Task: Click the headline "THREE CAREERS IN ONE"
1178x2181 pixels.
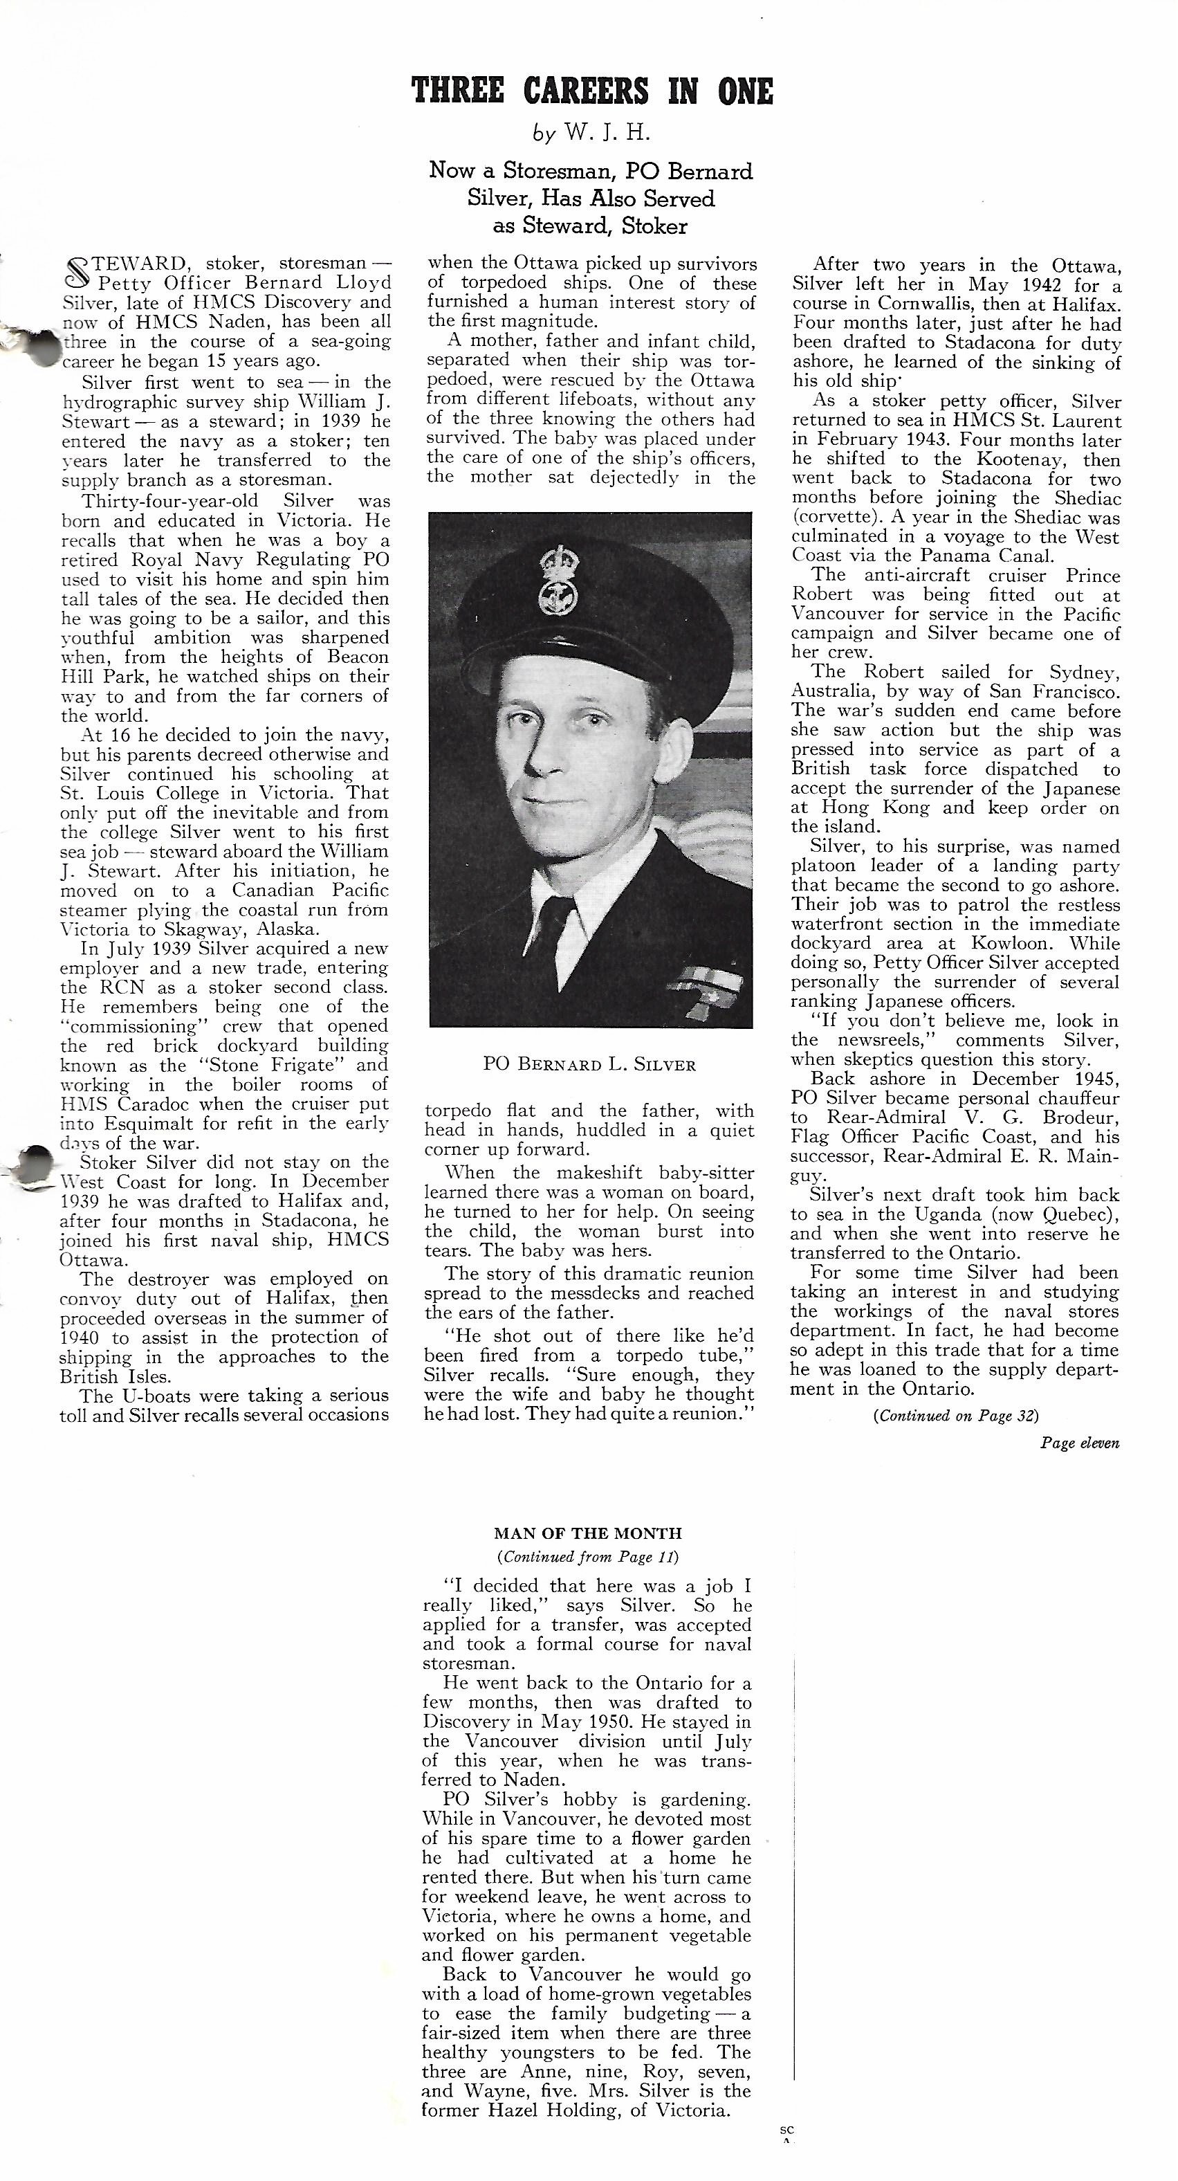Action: tap(591, 91)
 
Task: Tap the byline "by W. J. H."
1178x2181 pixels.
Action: tap(591, 133)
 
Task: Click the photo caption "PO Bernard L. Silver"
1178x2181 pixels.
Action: tap(589, 1064)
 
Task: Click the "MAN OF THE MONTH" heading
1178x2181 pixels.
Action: tap(587, 1533)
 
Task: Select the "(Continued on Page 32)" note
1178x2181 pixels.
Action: tap(955, 1415)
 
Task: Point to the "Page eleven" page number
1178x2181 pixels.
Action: tap(1079, 1443)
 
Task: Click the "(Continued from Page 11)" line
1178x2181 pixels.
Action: tap(588, 1556)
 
